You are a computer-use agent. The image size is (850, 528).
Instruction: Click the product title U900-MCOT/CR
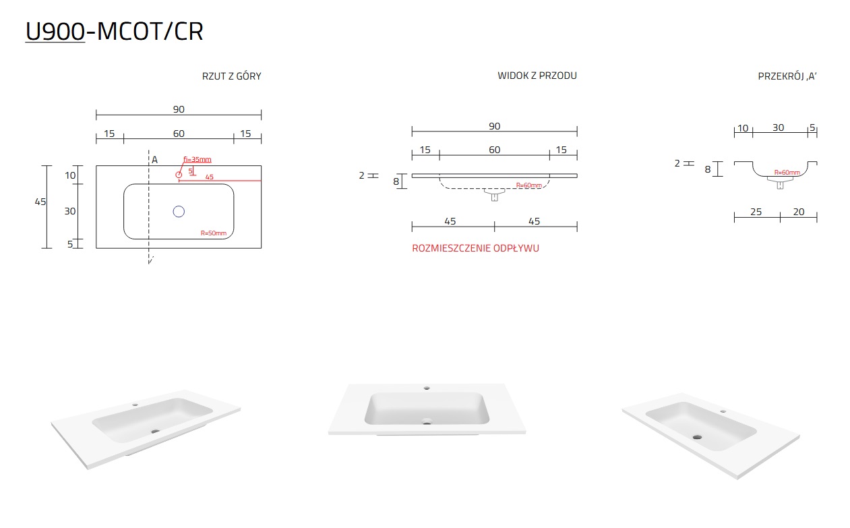pos(114,31)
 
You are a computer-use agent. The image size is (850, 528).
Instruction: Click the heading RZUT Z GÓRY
pos(231,76)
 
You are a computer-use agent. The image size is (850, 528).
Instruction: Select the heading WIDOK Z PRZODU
pos(537,76)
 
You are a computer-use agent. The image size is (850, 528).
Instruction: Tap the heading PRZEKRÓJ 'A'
pos(787,76)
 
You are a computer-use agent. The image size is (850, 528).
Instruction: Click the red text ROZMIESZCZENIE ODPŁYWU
pos(475,248)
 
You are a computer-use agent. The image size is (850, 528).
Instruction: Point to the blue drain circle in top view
pos(179,212)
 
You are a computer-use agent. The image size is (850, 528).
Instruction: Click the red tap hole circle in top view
pos(179,175)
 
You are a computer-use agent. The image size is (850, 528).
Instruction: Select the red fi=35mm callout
pos(198,159)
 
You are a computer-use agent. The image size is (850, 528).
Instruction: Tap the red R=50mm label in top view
pos(214,233)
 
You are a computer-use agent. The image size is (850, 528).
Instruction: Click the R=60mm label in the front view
pos(529,185)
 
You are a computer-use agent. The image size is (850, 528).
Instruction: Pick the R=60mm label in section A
pos(787,173)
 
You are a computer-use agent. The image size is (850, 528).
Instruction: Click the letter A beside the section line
pos(154,160)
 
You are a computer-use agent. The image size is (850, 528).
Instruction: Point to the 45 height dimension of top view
pos(40,202)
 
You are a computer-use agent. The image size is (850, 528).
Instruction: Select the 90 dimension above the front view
pos(495,126)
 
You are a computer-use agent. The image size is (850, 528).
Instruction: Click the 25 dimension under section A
pos(756,212)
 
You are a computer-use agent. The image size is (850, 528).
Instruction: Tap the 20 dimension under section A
pos(799,212)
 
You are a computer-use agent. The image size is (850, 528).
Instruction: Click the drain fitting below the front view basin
pos(495,195)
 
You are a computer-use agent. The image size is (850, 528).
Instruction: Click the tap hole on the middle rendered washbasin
pos(427,388)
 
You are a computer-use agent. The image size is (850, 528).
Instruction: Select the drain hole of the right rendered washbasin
pos(697,437)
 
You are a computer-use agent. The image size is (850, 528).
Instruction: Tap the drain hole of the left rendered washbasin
pos(155,431)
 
